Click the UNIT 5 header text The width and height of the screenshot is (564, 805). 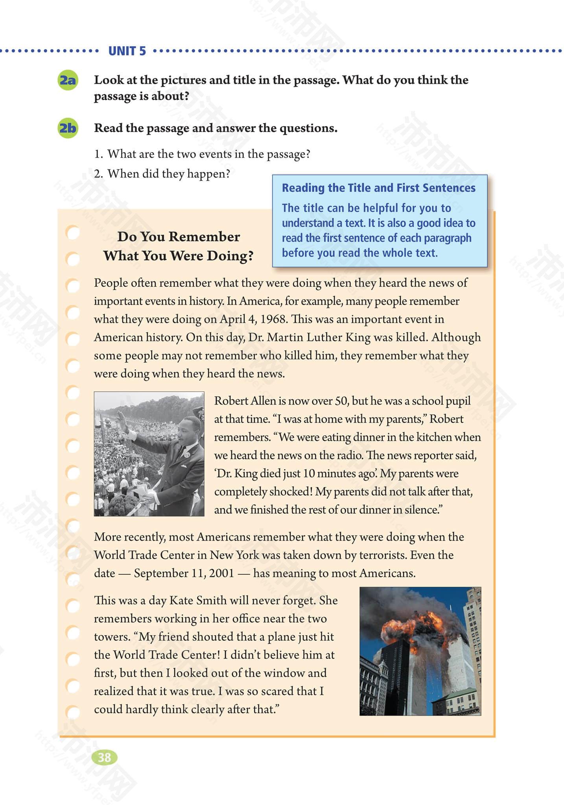point(127,51)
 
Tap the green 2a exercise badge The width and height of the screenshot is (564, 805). point(68,81)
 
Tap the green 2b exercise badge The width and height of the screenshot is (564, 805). point(68,128)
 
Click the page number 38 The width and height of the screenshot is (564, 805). point(104,757)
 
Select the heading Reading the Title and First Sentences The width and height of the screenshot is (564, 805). point(378,188)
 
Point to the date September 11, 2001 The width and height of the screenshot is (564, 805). point(184,573)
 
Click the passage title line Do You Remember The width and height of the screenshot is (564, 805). point(179,237)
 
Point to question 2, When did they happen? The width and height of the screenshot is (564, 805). point(162,174)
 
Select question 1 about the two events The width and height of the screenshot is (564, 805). point(202,154)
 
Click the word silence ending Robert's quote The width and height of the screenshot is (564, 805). point(425,509)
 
